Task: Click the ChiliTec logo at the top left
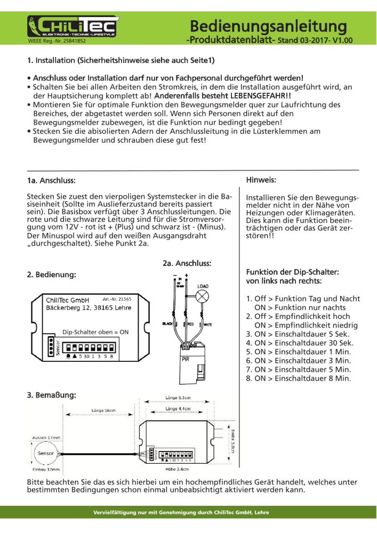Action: (73, 25)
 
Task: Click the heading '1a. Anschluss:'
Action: (51, 181)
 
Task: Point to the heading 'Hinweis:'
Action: (261, 181)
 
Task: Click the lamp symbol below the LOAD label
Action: (203, 298)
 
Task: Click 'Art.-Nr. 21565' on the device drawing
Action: (117, 299)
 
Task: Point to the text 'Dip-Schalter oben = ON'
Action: (95, 332)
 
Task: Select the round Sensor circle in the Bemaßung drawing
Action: (43, 452)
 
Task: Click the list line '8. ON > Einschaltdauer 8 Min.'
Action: (298, 378)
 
